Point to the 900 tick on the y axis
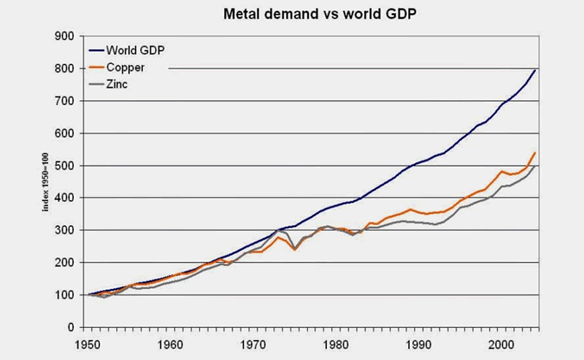(64, 37)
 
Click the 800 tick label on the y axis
(64, 69)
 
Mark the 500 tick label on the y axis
(64, 166)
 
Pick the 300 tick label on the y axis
(64, 230)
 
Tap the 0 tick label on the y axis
(69, 327)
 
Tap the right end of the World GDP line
(537, 70)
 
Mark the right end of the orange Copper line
(537, 153)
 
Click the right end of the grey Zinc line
(537, 166)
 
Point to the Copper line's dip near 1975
(295, 249)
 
